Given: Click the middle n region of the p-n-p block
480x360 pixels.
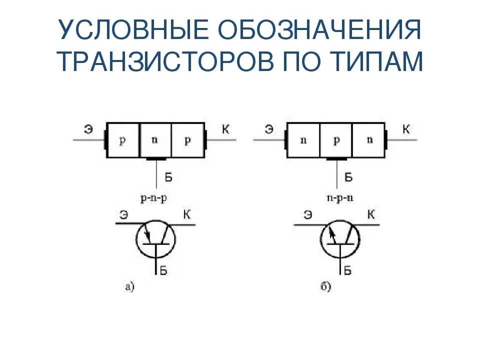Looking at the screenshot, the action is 155,140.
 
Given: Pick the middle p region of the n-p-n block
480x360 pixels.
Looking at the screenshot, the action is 336,140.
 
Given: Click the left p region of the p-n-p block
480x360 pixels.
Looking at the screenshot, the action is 122,140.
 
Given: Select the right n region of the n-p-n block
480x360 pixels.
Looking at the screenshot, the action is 369,140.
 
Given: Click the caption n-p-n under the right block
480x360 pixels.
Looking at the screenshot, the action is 336,196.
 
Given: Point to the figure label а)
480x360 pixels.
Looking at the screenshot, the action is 129,286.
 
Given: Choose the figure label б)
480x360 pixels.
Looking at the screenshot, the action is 325,286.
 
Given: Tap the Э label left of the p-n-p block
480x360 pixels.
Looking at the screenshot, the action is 88,129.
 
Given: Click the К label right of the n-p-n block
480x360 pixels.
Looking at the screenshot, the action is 406,129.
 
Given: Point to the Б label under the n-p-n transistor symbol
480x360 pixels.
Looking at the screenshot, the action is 348,271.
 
